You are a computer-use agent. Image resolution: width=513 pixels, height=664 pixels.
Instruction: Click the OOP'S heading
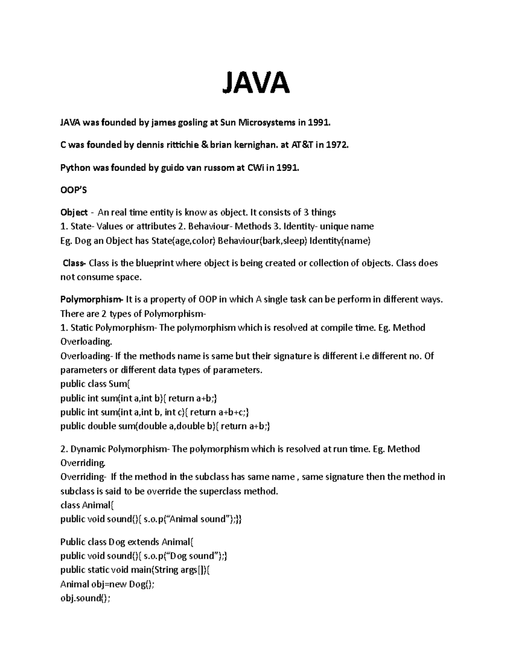click(x=74, y=190)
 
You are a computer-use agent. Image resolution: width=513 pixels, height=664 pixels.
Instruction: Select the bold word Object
click(x=74, y=212)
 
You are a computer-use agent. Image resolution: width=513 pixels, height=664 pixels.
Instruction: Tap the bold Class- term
click(x=74, y=263)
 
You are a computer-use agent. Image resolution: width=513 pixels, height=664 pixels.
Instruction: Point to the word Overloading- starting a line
click(x=85, y=356)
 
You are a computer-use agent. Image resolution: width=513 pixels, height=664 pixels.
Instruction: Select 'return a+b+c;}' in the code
click(x=219, y=412)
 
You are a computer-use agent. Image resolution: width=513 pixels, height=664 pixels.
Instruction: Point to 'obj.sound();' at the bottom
click(x=85, y=598)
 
